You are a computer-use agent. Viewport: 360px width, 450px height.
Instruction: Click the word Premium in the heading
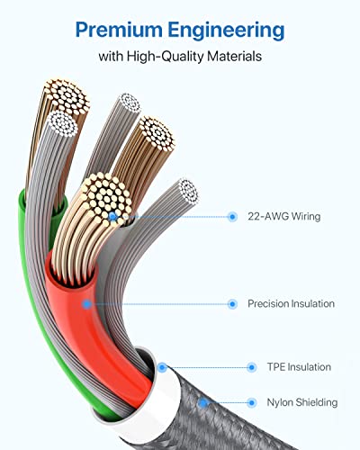[x=119, y=31]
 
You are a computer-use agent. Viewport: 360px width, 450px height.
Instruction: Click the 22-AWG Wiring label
[x=284, y=216]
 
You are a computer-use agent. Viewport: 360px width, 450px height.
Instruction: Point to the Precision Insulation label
[x=291, y=303]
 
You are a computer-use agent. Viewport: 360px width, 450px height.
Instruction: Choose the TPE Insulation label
[x=299, y=367]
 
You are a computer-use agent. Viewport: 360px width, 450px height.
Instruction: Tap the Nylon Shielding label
[x=302, y=402]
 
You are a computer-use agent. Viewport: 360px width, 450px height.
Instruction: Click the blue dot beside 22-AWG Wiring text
[x=232, y=216]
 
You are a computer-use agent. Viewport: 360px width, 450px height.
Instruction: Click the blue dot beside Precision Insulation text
[x=232, y=304]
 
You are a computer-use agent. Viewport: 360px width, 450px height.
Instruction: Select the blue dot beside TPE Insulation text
[x=252, y=367]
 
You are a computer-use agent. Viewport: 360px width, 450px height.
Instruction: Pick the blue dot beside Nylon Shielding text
[x=252, y=402]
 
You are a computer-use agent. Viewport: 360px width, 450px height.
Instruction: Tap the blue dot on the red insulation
[x=87, y=304]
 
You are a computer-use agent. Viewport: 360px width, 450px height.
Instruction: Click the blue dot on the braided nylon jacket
[x=203, y=403]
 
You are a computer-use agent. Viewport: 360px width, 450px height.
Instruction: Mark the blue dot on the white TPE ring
[x=162, y=367]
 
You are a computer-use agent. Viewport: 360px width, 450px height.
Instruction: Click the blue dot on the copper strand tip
[x=112, y=216]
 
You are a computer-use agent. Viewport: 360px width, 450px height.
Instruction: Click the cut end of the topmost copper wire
[x=67, y=96]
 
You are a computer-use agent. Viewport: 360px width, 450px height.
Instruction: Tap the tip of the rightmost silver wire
[x=188, y=191]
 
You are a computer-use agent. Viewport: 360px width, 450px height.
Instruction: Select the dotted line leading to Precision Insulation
[x=159, y=304]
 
